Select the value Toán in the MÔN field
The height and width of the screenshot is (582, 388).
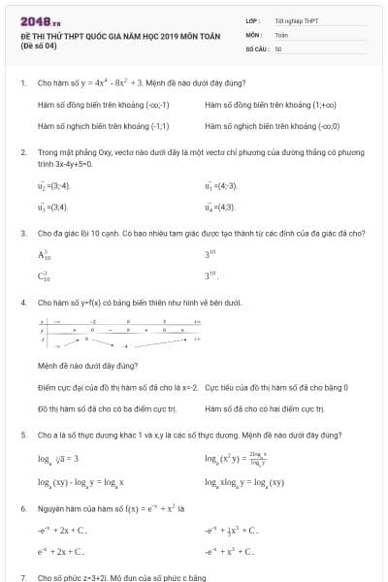click(x=281, y=33)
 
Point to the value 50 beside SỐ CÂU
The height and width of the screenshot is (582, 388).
click(x=278, y=48)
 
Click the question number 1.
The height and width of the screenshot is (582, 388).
click(x=23, y=83)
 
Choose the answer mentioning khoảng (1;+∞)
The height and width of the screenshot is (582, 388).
click(x=256, y=105)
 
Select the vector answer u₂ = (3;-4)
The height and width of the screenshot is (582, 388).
click(x=54, y=185)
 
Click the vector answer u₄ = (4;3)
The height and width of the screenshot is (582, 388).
click(x=220, y=207)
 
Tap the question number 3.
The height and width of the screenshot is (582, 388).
click(x=23, y=233)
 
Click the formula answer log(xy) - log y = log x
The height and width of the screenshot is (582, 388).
click(x=87, y=481)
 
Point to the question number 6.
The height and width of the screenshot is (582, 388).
click(x=23, y=508)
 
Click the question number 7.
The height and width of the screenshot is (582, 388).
click(x=23, y=577)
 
